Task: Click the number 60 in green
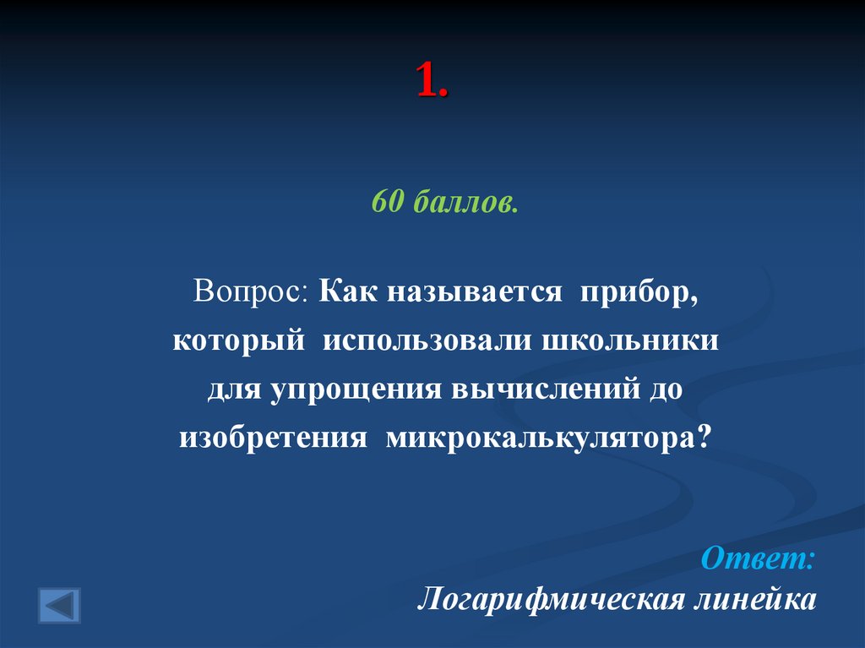coord(389,203)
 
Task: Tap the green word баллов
coord(465,203)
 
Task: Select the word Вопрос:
coord(252,291)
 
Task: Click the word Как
coord(349,291)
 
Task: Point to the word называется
coord(476,293)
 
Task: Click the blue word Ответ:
coord(759,558)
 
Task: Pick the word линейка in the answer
coord(753,600)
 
